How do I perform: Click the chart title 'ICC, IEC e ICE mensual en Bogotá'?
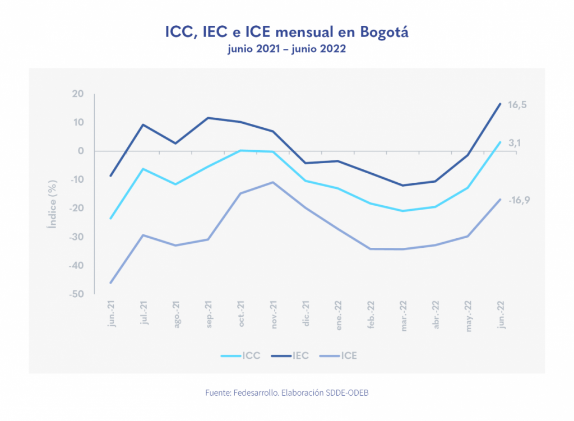click(x=286, y=31)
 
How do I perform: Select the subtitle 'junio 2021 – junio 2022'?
click(x=286, y=49)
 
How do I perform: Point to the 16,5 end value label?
click(x=517, y=105)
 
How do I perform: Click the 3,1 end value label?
click(x=515, y=144)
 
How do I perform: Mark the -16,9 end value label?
click(x=519, y=200)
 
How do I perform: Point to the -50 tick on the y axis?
click(x=76, y=294)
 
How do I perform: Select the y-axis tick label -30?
click(x=76, y=237)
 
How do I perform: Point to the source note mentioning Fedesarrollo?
click(x=286, y=393)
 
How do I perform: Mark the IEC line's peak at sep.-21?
click(x=208, y=118)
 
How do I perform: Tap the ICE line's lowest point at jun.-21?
click(x=111, y=283)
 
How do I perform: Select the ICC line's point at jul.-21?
click(x=143, y=169)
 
